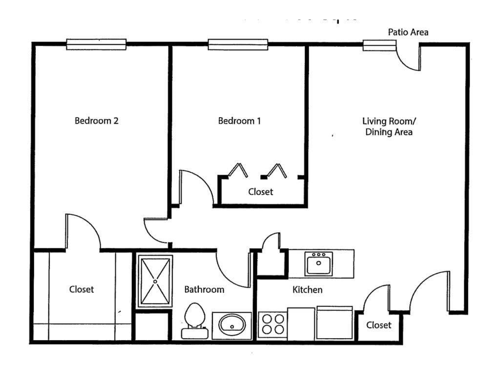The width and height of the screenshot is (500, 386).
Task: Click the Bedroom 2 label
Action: click(96, 121)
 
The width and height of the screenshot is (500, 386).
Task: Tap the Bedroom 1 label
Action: click(239, 121)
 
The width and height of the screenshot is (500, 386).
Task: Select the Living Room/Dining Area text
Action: click(389, 126)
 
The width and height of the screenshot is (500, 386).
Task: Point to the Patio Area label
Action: click(408, 32)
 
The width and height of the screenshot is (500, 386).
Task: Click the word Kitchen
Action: click(307, 290)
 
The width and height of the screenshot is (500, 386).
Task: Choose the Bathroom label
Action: click(204, 289)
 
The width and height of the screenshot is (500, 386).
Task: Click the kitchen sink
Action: click(319, 264)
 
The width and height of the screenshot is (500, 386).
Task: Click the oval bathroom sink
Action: click(232, 324)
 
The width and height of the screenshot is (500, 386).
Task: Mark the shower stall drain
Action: click(155, 281)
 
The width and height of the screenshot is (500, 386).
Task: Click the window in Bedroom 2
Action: click(96, 44)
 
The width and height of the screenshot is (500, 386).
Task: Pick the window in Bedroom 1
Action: click(238, 44)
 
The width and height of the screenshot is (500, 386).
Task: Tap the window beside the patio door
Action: click(379, 45)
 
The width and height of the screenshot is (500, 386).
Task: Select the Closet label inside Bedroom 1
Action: click(260, 192)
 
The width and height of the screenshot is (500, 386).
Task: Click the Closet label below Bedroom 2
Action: click(82, 289)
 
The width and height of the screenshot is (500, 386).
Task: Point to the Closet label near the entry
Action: click(378, 325)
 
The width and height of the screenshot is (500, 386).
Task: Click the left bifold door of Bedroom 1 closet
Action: click(238, 170)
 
